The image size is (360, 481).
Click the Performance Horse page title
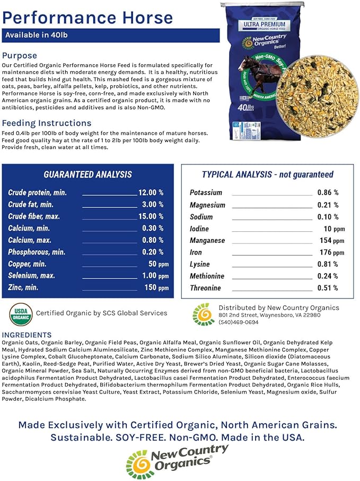(87, 17)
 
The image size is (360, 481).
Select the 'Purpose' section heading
(20, 56)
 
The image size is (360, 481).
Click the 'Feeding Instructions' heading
(47, 123)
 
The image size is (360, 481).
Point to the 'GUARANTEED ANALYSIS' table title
(87, 174)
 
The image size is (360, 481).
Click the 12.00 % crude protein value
(151, 193)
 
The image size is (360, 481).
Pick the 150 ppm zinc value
(156, 288)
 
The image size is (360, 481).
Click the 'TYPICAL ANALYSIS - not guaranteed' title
(268, 174)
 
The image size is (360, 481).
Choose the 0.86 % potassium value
(328, 193)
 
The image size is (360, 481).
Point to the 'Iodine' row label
(199, 229)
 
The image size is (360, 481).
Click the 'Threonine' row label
(205, 288)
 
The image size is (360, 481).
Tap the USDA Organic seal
(21, 313)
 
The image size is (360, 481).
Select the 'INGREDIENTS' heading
(27, 335)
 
